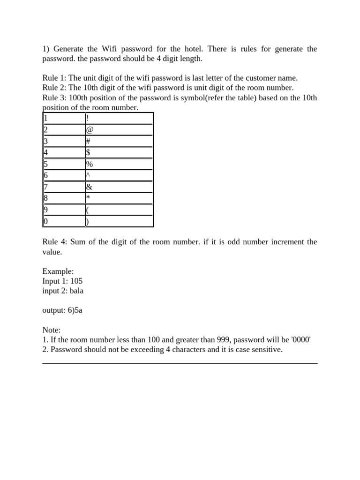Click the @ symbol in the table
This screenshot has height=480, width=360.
click(x=90, y=130)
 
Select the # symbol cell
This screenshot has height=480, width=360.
click(x=88, y=141)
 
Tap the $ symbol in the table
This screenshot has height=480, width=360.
click(x=88, y=152)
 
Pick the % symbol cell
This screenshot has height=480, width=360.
click(x=89, y=164)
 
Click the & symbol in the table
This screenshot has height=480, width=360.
click(x=89, y=187)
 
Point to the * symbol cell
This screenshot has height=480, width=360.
click(x=88, y=198)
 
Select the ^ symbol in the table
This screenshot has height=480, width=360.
click(x=88, y=175)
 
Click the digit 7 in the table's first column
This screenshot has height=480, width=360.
click(x=45, y=187)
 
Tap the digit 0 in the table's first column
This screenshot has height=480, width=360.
click(x=45, y=221)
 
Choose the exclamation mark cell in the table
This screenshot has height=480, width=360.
click(x=87, y=119)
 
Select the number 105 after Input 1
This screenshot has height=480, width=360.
click(x=76, y=281)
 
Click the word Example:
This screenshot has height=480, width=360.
click(x=58, y=271)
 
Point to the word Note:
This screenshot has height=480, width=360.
click(x=52, y=330)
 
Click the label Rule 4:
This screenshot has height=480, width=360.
click(x=54, y=242)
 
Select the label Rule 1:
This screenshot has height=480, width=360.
click(x=54, y=78)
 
